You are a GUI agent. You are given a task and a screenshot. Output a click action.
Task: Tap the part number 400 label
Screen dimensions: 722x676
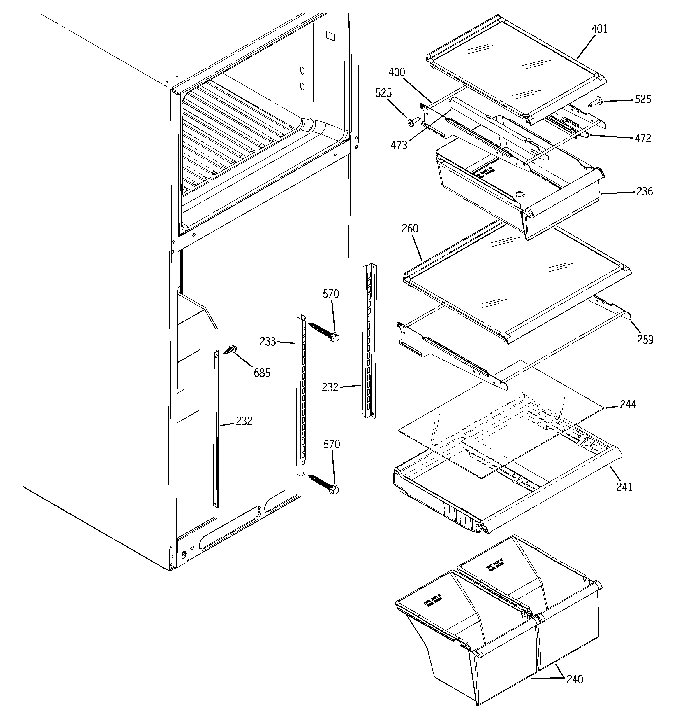tap(397, 73)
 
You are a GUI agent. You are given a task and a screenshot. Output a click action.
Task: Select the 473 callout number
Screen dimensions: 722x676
tap(399, 146)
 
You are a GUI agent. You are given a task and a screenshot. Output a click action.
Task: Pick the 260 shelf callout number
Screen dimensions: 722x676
tap(410, 229)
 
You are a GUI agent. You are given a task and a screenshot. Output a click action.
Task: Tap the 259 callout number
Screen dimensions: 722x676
tap(645, 340)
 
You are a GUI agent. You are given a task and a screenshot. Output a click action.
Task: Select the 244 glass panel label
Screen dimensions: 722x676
tap(628, 404)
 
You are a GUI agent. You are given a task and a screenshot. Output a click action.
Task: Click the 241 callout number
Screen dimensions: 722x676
tap(624, 487)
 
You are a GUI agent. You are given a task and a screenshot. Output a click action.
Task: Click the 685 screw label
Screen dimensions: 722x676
tap(262, 373)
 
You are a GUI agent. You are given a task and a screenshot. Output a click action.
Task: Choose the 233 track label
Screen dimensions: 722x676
tap(267, 342)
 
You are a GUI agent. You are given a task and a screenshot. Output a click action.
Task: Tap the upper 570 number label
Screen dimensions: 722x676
tap(330, 294)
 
